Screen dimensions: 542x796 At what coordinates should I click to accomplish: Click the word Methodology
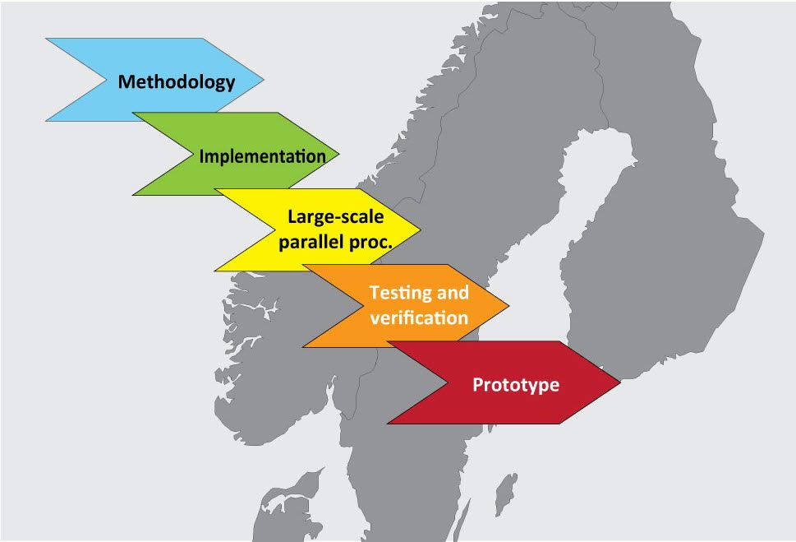click(177, 82)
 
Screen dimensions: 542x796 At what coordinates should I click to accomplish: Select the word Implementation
click(256, 155)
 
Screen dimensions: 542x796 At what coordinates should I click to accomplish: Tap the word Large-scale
click(335, 217)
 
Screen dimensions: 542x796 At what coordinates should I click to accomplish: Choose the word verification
click(419, 317)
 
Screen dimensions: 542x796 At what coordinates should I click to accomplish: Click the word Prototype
click(515, 385)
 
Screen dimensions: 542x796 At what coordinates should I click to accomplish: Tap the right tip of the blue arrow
click(264, 80)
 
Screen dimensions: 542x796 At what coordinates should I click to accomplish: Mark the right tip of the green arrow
click(338, 154)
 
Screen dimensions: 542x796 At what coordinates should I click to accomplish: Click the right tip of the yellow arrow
click(420, 229)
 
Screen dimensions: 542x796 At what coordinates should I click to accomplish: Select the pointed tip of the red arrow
click(619, 382)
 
